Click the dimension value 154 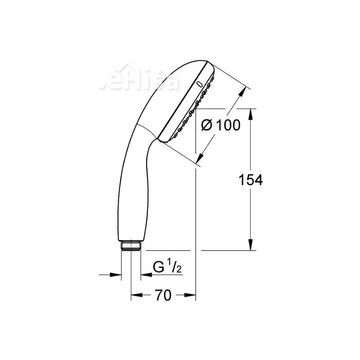click(x=251, y=180)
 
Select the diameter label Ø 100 click(x=220, y=126)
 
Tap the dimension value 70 click(x=163, y=295)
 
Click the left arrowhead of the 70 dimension click(x=135, y=295)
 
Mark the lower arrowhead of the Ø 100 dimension click(x=201, y=158)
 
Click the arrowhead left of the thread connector click(x=117, y=274)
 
